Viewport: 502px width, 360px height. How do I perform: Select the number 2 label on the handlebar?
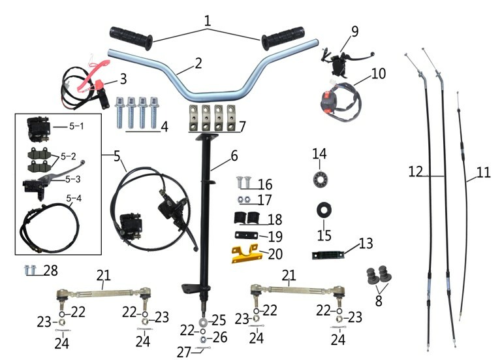(198, 63)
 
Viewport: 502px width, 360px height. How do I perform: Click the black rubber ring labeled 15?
(324, 210)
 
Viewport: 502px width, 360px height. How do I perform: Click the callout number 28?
(50, 270)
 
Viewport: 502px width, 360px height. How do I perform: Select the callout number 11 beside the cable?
(482, 173)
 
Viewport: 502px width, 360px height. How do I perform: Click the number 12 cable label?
(416, 172)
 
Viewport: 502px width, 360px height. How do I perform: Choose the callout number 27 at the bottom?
(184, 352)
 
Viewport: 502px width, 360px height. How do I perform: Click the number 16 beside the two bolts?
(264, 184)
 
